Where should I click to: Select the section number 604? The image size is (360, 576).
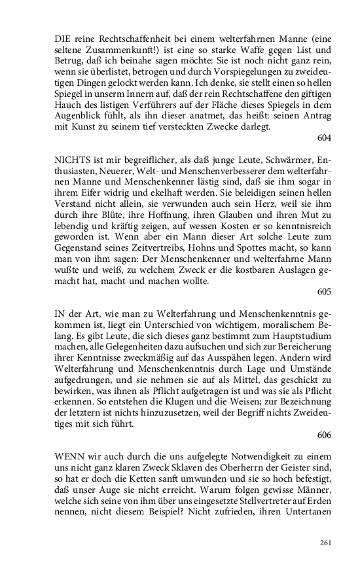pos(323,137)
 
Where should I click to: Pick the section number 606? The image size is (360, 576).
pos(323,434)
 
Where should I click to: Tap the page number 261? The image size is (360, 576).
pos(326,542)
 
